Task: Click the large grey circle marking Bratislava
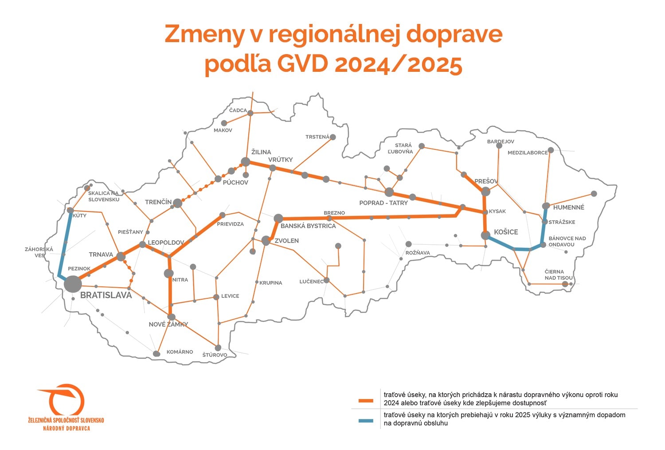73,284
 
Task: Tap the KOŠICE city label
506,232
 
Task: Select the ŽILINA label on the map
261,152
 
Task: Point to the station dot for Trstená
332,137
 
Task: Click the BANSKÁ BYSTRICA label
308,226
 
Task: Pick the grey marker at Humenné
546,206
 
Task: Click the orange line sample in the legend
366,401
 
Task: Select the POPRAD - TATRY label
383,203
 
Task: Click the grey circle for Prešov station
485,192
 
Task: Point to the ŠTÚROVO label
215,355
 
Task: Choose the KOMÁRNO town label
180,352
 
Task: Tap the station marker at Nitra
168,273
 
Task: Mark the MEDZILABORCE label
528,153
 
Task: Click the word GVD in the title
302,64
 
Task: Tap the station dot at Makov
224,123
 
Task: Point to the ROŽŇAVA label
418,253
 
